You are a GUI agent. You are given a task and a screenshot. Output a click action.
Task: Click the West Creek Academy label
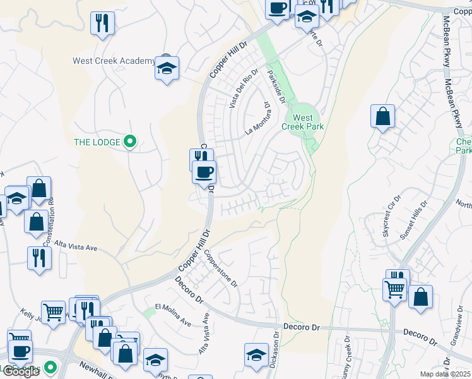(114, 61)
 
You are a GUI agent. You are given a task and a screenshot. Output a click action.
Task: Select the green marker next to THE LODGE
(130, 141)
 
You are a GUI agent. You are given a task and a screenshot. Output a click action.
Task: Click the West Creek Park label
(303, 122)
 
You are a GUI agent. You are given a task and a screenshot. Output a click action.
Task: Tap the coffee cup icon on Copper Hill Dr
(204, 172)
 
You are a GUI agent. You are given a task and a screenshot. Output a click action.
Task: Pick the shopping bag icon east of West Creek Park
(382, 117)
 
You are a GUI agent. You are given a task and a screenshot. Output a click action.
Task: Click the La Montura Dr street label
(258, 119)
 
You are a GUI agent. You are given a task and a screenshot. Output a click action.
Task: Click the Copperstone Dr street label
(220, 268)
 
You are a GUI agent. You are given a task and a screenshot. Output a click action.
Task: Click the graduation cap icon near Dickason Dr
(256, 356)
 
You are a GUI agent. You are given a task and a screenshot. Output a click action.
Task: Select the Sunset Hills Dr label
(414, 221)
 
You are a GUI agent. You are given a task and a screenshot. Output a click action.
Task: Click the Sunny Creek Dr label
(348, 357)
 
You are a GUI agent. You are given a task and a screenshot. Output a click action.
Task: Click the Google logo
(20, 371)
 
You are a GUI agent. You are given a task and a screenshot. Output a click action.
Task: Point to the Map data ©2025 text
(445, 374)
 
